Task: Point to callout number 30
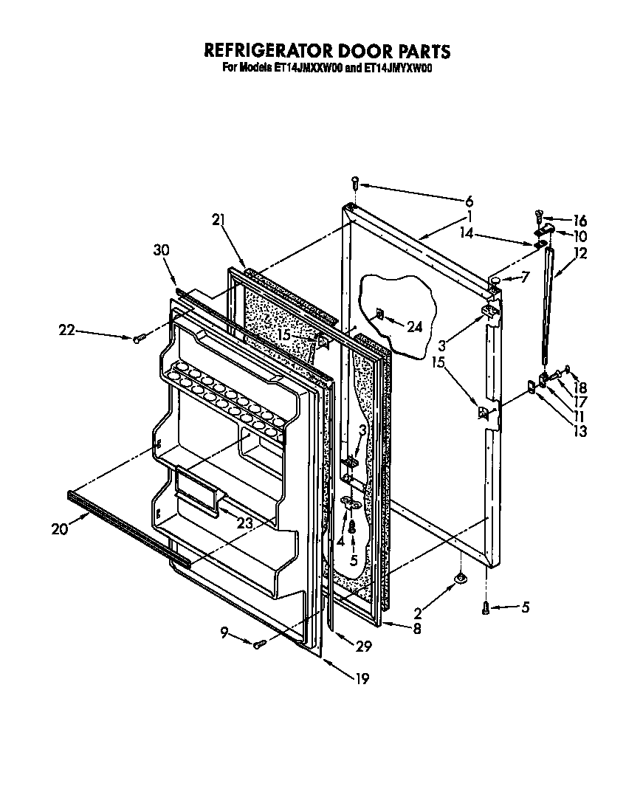click(162, 250)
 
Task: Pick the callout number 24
click(415, 327)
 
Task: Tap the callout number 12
click(580, 253)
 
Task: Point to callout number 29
click(362, 647)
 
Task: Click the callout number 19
click(362, 679)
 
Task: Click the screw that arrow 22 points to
click(138, 338)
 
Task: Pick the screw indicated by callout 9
click(259, 644)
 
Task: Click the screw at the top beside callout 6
click(355, 182)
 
